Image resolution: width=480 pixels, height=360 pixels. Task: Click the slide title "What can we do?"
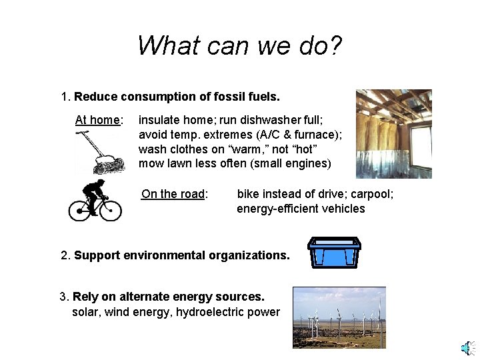point(239,45)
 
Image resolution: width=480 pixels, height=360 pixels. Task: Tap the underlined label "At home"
point(98,120)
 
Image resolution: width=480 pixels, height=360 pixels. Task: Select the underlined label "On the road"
point(173,194)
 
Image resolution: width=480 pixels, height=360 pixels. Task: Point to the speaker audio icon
point(468,348)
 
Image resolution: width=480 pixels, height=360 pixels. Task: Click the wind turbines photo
point(339,317)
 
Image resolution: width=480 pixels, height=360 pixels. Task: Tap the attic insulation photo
point(393,134)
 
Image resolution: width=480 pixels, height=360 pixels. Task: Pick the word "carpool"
point(371,194)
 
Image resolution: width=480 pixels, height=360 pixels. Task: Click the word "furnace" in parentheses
point(313,135)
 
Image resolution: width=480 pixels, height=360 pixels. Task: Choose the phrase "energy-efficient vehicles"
point(301,209)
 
